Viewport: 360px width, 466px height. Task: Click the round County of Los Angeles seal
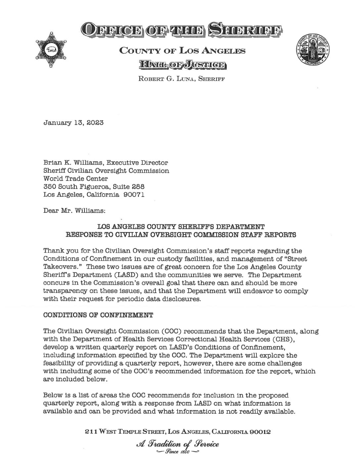click(313, 49)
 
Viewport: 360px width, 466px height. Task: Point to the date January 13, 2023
click(73, 122)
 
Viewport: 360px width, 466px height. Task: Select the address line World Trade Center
click(75, 179)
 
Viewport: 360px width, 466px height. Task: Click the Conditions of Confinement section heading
click(98, 315)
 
